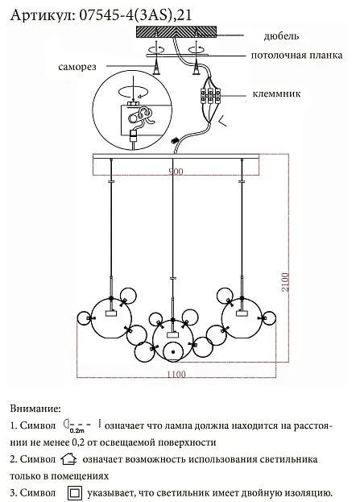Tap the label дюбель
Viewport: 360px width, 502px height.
[x=281, y=35]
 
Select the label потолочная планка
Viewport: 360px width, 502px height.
[x=296, y=55]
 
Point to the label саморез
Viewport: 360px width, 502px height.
[x=77, y=67]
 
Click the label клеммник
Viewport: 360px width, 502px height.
[x=276, y=93]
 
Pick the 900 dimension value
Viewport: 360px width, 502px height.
[x=176, y=172]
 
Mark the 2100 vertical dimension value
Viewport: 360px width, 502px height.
[x=285, y=282]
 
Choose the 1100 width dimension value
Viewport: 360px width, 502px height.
[x=176, y=374]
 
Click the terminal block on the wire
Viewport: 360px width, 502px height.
[x=210, y=95]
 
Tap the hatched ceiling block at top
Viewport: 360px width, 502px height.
[x=176, y=31]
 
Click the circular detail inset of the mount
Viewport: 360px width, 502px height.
[x=132, y=110]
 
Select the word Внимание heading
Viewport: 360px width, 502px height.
[x=35, y=409]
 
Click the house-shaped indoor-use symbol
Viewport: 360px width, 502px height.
[x=68, y=458]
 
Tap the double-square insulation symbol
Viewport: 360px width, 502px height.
[x=74, y=493]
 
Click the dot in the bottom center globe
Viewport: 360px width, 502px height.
[x=173, y=352]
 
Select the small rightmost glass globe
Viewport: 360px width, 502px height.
[x=268, y=318]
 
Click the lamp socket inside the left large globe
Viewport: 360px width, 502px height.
[x=110, y=313]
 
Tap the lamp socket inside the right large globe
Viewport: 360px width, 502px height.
[x=242, y=313]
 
